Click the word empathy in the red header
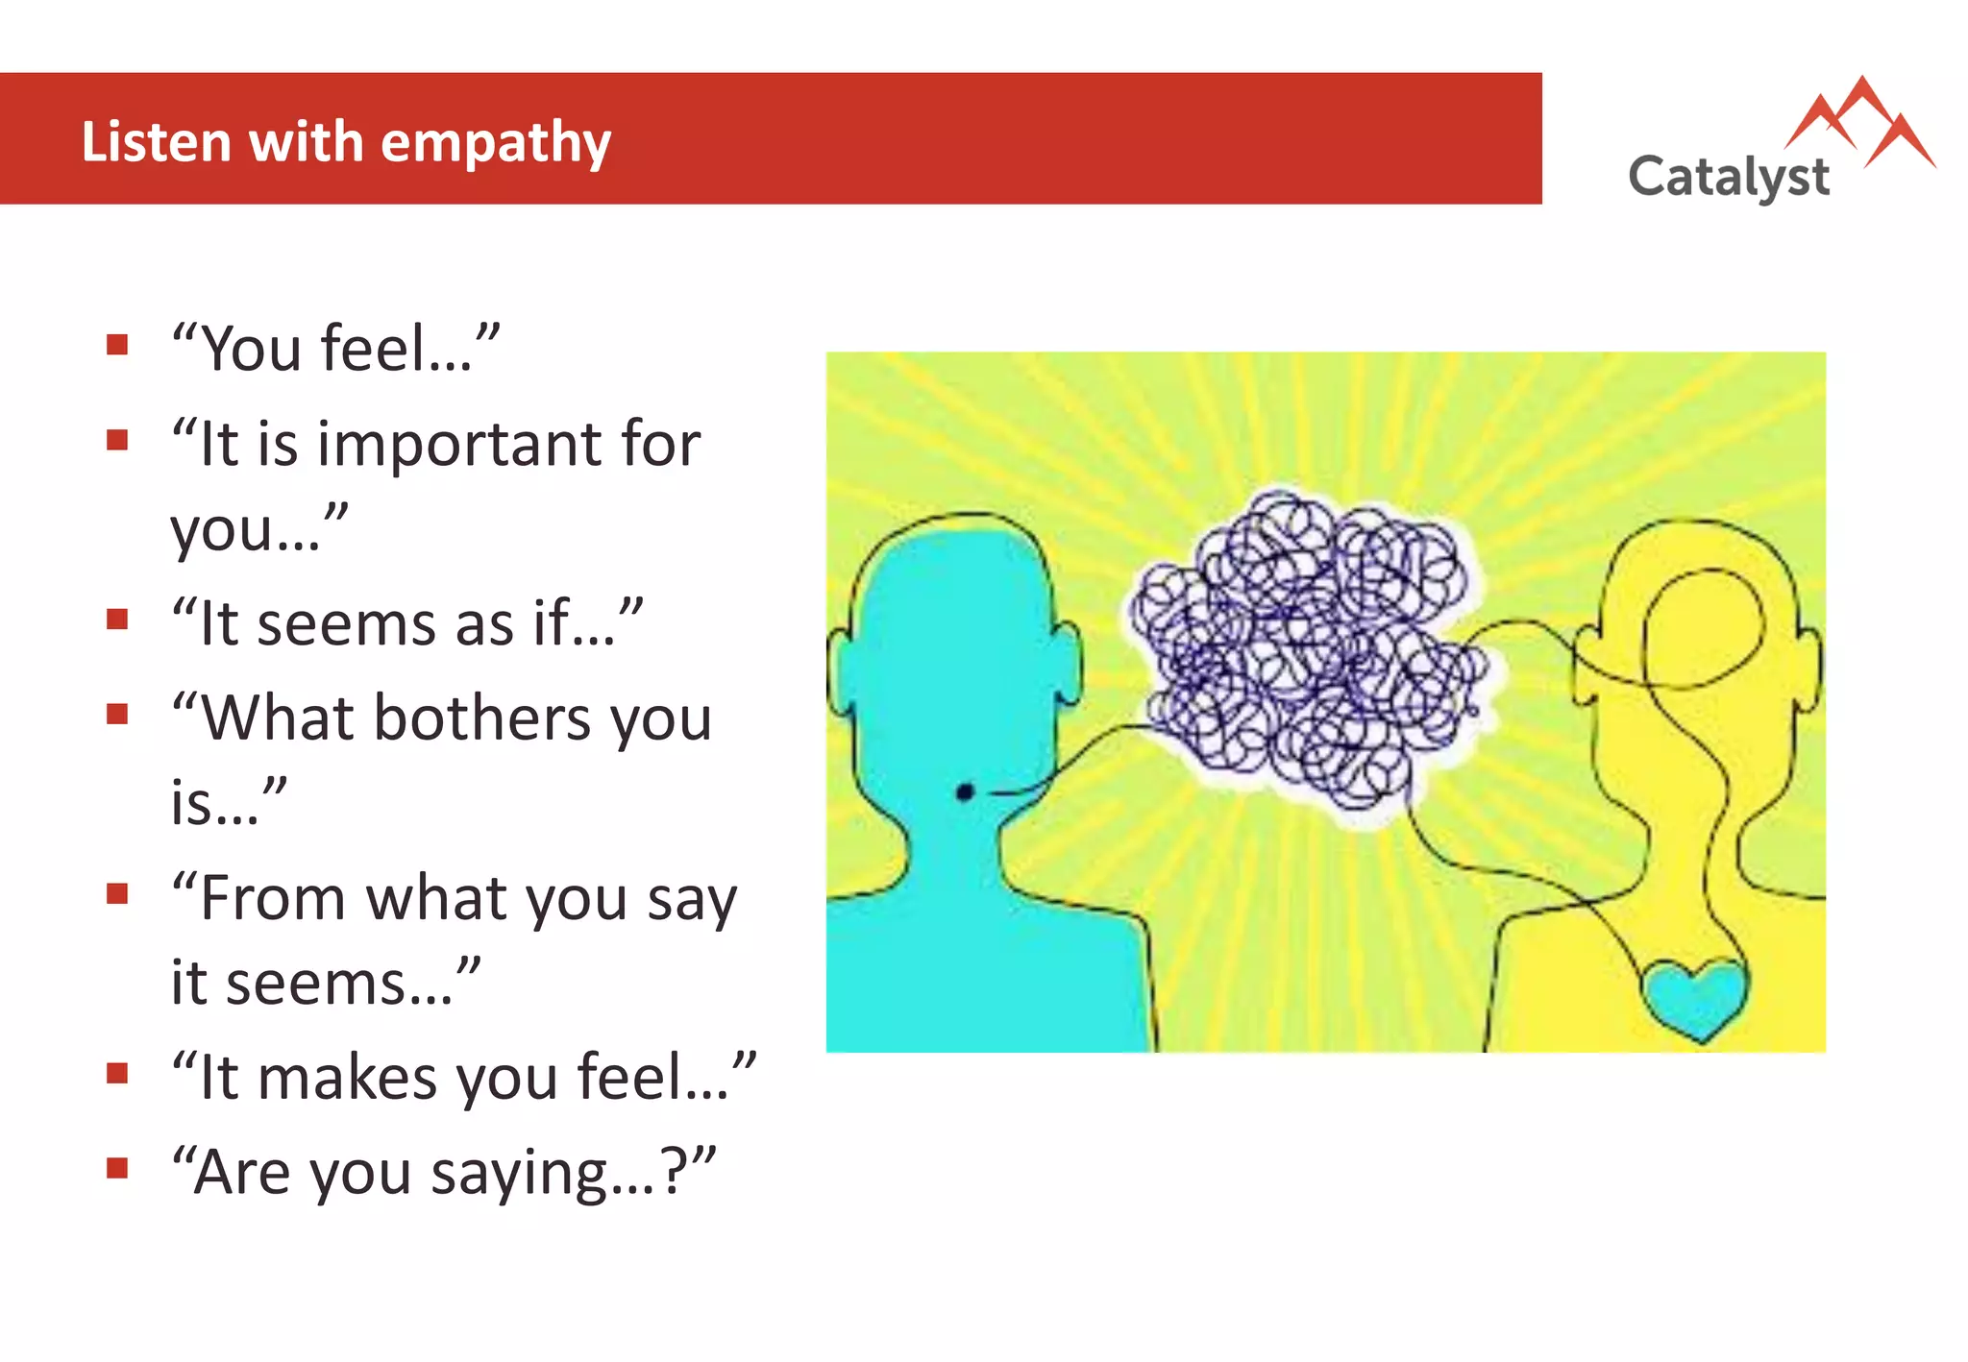coord(496,144)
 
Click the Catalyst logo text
coord(1728,178)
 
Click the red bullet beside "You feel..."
coord(117,345)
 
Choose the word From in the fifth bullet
coord(272,898)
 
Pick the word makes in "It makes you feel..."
coord(347,1078)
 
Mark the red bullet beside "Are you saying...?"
coord(117,1168)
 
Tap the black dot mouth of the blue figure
coord(966,792)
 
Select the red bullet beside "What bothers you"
coord(117,714)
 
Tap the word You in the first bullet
coord(250,349)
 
